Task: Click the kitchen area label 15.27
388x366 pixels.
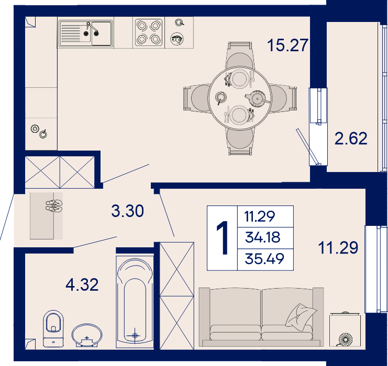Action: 288,45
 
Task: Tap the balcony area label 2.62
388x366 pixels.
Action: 351,138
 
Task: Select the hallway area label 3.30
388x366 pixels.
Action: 127,211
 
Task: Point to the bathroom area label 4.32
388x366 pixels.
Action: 82,284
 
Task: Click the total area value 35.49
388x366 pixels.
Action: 264,259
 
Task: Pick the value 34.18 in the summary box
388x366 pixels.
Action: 262,237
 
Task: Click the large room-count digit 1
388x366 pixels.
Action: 222,238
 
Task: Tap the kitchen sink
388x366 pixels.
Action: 85,34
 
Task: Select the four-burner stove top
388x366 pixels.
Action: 149,32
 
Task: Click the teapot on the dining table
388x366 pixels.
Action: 258,99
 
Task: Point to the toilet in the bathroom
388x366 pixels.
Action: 53,328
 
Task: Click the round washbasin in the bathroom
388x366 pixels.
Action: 87,335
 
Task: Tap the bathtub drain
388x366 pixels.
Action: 135,336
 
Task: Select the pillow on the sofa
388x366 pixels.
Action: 301,317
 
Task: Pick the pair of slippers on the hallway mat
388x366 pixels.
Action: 54,206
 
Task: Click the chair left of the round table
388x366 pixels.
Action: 197,98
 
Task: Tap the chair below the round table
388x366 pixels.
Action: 240,140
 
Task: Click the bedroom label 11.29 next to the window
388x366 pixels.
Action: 338,248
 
